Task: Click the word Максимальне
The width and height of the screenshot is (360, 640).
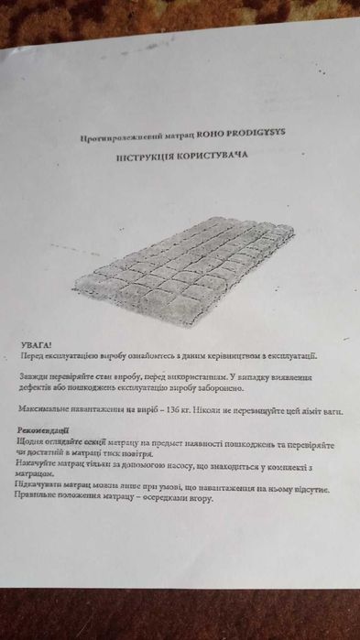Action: click(46, 409)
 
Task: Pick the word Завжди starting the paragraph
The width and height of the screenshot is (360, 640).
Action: click(36, 377)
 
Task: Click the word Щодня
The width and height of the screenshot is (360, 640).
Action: click(32, 441)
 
